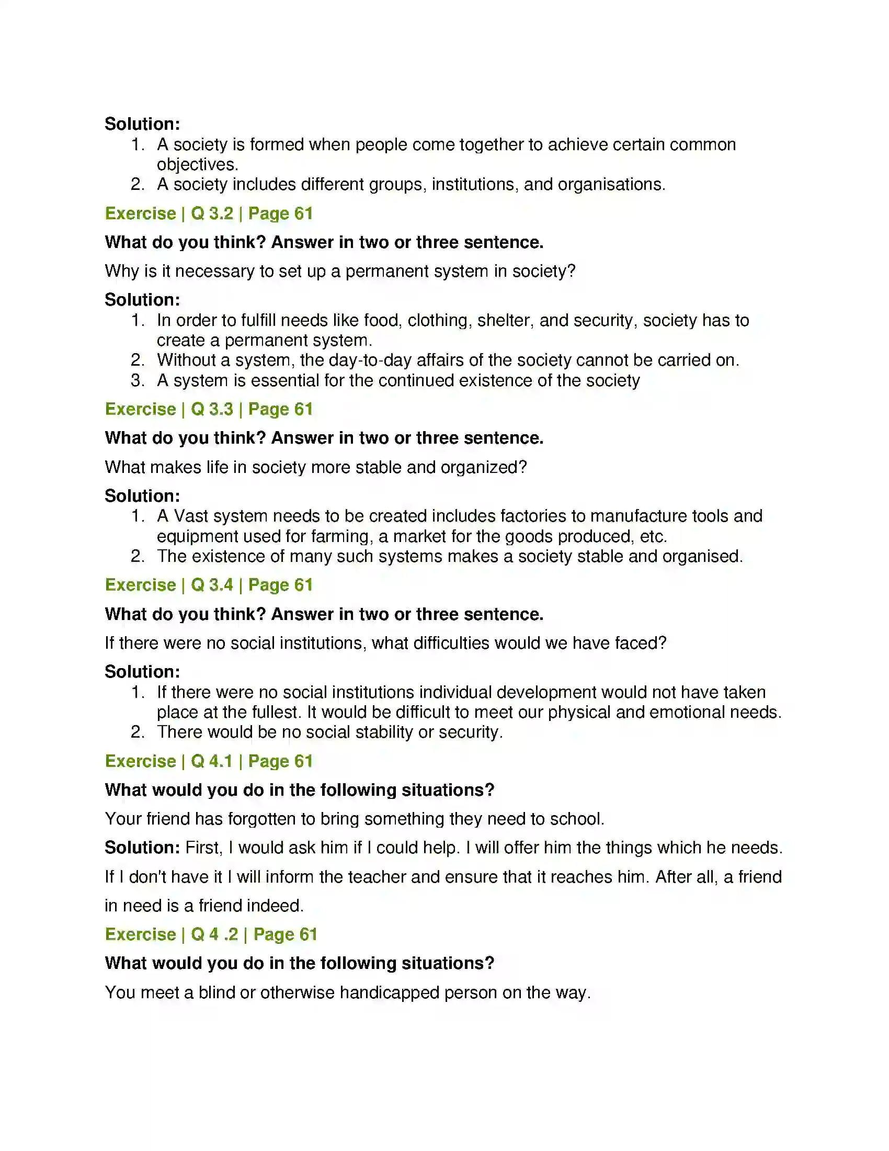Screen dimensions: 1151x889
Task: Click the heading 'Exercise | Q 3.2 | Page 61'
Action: pos(209,213)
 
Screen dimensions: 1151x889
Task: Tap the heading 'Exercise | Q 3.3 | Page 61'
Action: pos(209,409)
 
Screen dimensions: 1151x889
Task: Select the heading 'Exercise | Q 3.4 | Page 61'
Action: pos(209,585)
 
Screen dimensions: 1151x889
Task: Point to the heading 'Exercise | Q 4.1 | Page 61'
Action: pos(209,761)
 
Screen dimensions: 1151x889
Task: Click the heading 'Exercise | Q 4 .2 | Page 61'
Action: pos(211,934)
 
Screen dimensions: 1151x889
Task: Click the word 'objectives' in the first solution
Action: pos(196,164)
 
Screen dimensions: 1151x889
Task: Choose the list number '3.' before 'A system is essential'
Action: pos(138,380)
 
